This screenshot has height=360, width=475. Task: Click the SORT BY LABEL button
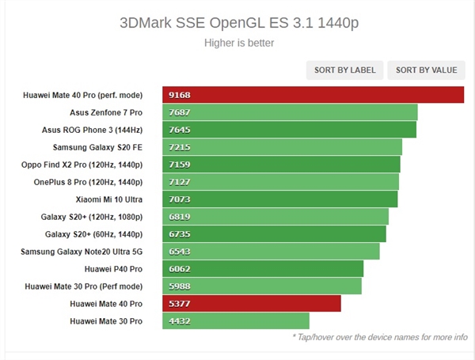tap(345, 70)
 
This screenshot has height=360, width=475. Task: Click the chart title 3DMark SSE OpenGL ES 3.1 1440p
tap(237, 21)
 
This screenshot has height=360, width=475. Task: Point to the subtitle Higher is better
tap(237, 43)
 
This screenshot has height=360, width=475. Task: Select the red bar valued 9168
tap(313, 95)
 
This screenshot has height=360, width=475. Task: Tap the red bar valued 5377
tap(252, 304)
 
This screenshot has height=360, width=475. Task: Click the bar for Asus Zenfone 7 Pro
tap(290, 112)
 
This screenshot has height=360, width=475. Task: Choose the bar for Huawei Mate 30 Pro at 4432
tap(236, 321)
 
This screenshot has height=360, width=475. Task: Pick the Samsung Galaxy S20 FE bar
tap(283, 147)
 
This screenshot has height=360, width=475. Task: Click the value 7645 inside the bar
tap(180, 130)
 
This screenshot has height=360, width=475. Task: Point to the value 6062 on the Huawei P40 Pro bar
tap(180, 269)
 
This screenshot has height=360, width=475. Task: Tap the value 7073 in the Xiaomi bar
tap(180, 199)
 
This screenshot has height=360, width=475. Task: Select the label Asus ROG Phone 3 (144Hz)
tap(92, 130)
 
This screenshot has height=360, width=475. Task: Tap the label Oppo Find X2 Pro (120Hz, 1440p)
tap(82, 165)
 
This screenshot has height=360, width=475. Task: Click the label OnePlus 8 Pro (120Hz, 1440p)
tap(85, 182)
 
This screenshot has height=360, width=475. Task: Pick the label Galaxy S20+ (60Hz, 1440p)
tap(93, 234)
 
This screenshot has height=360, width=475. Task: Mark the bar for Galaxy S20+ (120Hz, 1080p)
tap(275, 217)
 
